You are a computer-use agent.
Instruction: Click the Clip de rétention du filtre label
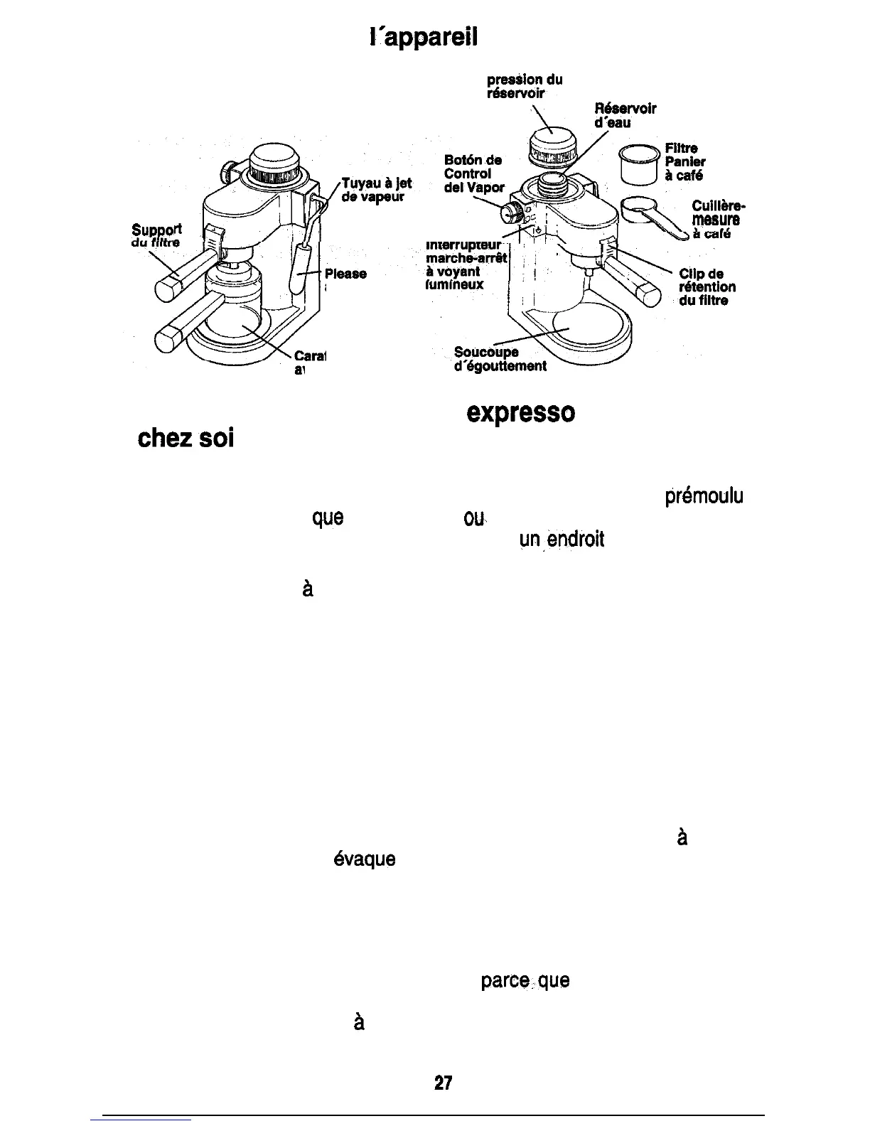(707, 287)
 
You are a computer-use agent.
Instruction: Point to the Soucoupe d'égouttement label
(500, 360)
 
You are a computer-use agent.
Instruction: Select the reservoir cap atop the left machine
(274, 162)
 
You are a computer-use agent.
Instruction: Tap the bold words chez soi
(186, 438)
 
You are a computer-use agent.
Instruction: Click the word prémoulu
(704, 496)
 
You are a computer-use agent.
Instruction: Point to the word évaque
(364, 860)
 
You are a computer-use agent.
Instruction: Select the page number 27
(444, 1083)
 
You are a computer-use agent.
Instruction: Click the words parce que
(525, 982)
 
